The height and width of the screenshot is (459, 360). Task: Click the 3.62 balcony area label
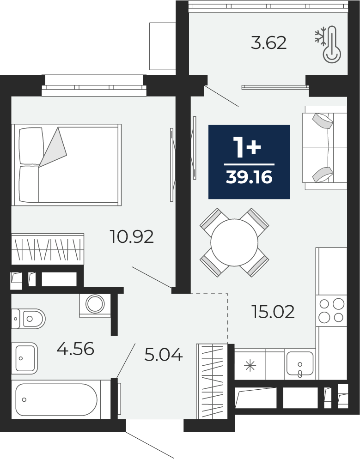(268, 43)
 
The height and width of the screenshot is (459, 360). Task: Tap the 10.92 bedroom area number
(132, 236)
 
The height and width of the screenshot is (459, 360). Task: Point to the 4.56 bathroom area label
(75, 348)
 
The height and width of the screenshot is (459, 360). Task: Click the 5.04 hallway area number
(164, 355)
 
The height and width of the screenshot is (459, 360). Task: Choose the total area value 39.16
(249, 177)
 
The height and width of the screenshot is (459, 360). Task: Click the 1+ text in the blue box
(247, 148)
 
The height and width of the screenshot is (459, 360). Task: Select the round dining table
(234, 242)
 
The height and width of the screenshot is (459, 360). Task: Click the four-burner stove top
(331, 310)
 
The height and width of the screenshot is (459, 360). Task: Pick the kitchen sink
(300, 363)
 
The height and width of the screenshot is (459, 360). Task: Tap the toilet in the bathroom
(28, 319)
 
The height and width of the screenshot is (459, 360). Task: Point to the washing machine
(95, 305)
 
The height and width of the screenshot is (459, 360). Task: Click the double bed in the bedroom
(66, 164)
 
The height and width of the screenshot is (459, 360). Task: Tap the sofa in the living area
(324, 148)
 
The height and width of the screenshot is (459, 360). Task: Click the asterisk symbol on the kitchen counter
(250, 366)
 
